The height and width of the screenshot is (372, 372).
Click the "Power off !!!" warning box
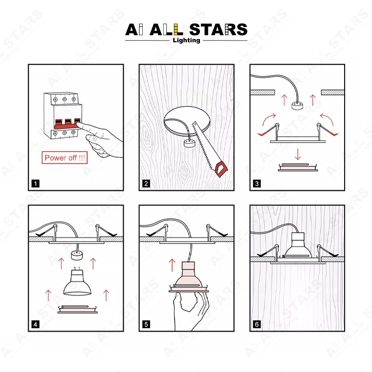(65, 158)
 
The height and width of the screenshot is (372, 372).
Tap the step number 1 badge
(35, 183)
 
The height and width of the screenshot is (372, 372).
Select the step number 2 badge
(146, 183)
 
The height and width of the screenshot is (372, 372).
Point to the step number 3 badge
(257, 183)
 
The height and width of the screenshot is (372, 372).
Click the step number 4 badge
(35, 324)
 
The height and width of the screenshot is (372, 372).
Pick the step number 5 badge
(146, 324)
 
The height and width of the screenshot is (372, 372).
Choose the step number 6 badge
(257, 324)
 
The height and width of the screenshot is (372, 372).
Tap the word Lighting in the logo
(186, 40)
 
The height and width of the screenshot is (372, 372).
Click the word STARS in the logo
(218, 29)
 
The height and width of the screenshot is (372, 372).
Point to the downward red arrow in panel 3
(298, 154)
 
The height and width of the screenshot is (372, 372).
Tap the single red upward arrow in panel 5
(172, 265)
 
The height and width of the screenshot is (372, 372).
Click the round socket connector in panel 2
(189, 144)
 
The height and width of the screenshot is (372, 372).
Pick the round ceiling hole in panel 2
(187, 121)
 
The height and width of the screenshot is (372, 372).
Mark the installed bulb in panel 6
(298, 245)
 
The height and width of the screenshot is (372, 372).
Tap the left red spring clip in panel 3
(267, 131)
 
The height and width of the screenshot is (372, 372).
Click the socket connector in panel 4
(77, 255)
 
